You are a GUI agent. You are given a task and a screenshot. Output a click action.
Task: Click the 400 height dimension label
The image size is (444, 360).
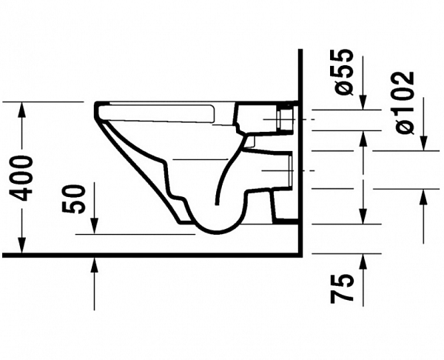coord(21,178)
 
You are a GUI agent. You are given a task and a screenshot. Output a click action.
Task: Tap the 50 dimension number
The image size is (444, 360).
coord(73,199)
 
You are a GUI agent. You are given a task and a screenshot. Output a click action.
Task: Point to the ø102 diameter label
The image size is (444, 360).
coord(404,102)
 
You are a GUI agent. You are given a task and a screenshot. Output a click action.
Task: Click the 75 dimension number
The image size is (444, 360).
coord(342,289)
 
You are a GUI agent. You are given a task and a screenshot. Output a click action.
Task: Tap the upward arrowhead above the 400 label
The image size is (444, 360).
coord(21,110)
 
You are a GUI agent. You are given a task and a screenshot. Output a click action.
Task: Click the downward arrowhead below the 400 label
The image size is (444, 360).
coord(21,244)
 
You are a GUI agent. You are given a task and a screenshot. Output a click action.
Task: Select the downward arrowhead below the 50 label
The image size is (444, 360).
coord(94,226)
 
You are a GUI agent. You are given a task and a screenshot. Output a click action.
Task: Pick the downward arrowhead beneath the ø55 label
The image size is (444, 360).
coord(363,101)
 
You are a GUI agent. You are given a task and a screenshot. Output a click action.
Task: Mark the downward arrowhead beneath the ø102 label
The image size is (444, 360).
coord(423,143)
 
